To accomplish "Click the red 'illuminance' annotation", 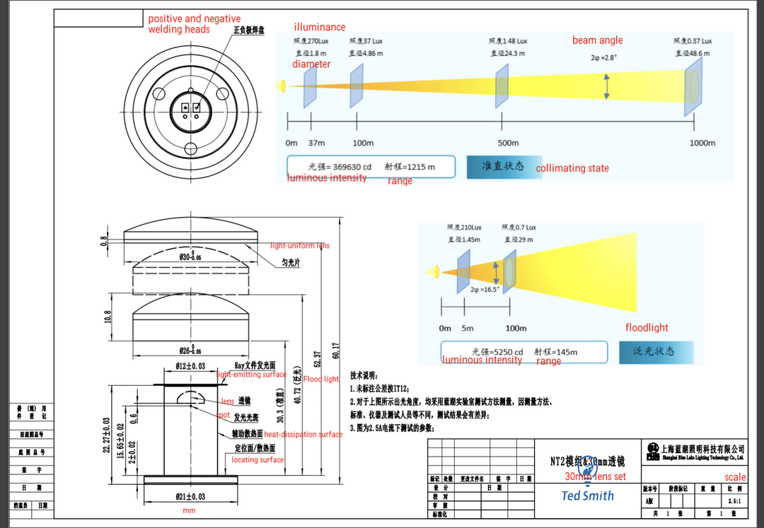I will coord(320,28).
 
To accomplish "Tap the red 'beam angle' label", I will coord(597,40).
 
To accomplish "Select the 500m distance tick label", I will coord(508,143).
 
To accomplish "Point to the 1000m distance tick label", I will coord(702,143).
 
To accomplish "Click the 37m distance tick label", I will coord(316,143).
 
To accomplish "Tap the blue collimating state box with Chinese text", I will coord(504,166).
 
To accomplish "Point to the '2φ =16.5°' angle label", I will coord(485,289).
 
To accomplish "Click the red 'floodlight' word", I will coord(647,328).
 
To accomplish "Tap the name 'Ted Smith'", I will coord(588,495).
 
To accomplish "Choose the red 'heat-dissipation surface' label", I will coord(303,434).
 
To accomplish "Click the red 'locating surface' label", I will coord(257,460).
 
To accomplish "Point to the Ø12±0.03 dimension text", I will coord(190,366).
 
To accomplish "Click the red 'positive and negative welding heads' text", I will coord(194,24).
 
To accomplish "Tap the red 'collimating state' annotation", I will coord(572,168).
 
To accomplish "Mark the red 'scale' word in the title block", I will coord(735,477).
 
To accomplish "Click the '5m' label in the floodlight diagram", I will coord(467,328).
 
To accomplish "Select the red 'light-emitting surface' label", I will coord(251,375).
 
